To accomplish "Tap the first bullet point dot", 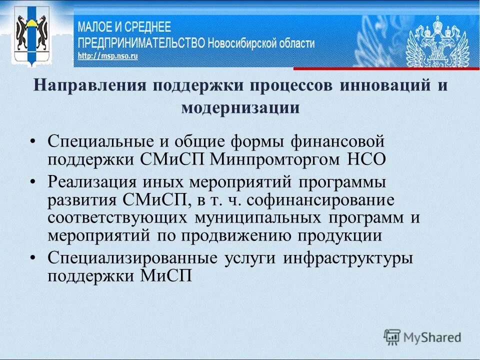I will tap(33, 141).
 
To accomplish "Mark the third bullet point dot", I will tap(33, 258).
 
